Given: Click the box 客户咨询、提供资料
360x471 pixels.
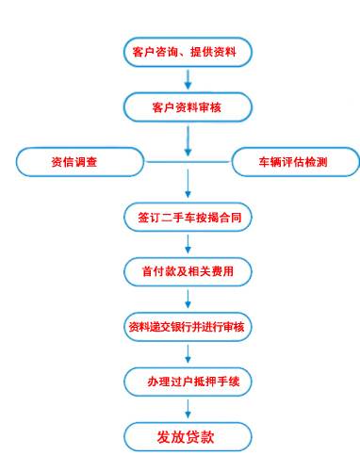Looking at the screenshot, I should point(188,53).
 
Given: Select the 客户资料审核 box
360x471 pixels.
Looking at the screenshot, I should point(188,106).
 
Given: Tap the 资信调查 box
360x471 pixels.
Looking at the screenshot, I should point(74,162).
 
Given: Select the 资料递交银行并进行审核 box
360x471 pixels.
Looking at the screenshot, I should point(188,327).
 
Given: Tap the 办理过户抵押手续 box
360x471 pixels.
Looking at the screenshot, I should point(188,382).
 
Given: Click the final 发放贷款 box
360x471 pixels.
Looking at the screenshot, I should point(188,436).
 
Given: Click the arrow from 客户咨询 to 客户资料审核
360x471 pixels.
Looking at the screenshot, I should point(188,79).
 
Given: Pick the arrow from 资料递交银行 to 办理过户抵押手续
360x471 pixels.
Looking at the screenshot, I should point(188,354).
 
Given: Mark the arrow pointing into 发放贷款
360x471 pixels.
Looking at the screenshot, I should point(188,409).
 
